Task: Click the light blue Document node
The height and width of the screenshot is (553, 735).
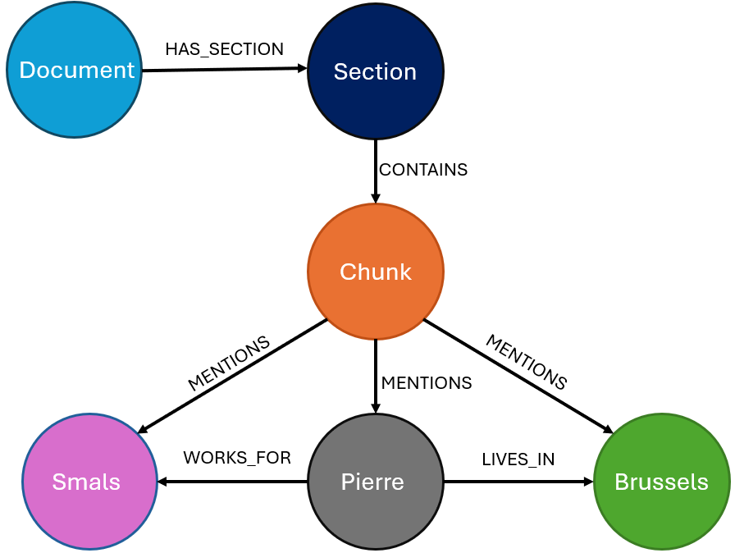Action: tap(75, 70)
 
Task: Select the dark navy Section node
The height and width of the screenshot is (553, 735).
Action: tap(376, 71)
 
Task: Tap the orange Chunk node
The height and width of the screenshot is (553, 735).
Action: tap(376, 272)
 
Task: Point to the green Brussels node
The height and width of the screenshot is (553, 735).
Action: tap(662, 482)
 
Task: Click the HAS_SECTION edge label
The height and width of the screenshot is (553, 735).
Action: tap(224, 49)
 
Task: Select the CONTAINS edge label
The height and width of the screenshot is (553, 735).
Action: tap(423, 170)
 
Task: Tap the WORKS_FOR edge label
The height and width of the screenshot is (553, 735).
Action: tap(237, 458)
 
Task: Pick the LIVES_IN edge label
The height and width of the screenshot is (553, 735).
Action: tap(518, 460)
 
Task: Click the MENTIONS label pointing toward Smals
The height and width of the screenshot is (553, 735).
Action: tap(229, 363)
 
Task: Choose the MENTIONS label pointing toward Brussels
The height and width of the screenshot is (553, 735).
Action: tap(526, 362)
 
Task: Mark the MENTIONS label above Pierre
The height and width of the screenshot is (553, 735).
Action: tap(427, 383)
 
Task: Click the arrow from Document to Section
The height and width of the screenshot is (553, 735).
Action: tap(224, 70)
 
